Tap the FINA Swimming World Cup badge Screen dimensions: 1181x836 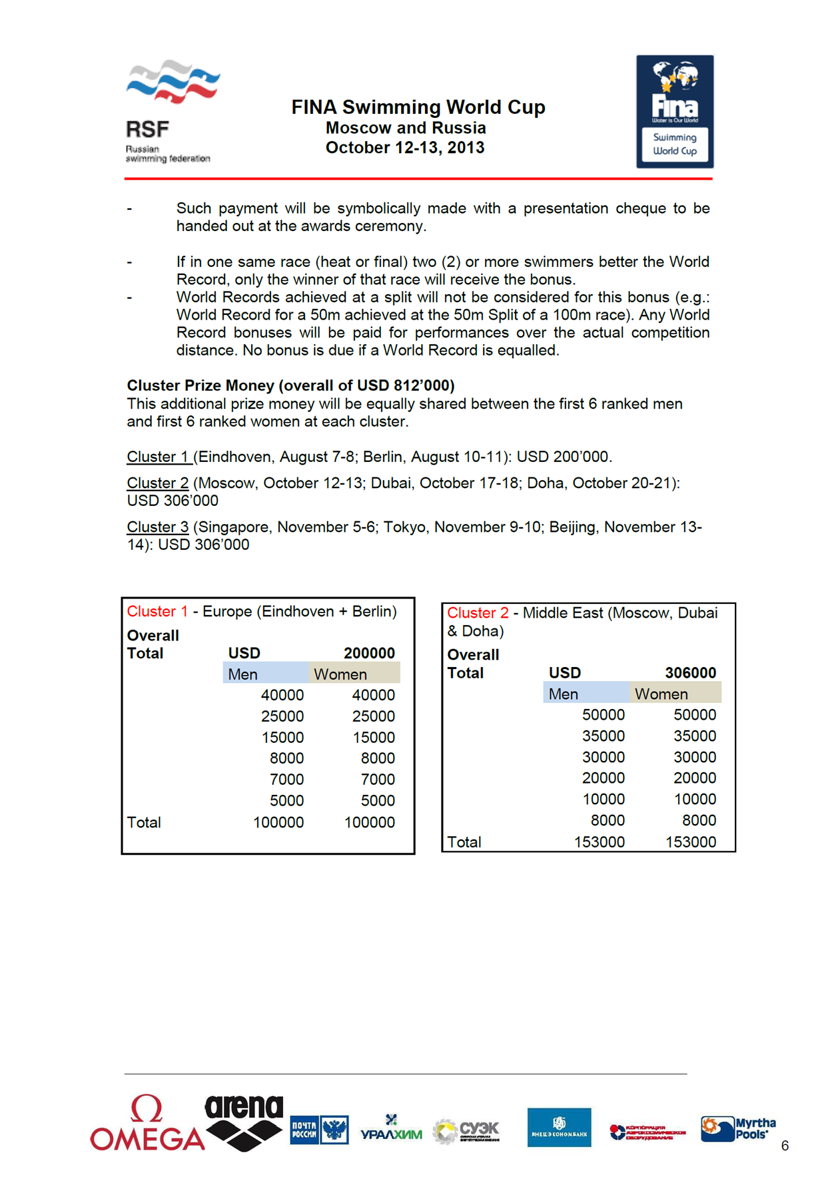point(674,111)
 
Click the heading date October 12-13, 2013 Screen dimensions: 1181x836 point(404,148)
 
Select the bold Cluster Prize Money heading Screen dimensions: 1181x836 point(290,385)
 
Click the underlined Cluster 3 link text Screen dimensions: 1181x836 point(158,527)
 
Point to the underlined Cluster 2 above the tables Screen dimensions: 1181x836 point(158,483)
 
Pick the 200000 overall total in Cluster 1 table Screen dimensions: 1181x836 point(369,653)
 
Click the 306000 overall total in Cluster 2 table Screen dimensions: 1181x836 point(690,673)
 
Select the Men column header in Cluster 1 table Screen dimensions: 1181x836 point(242,674)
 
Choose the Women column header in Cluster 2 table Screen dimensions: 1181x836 point(661,694)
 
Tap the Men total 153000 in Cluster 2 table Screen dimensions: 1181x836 point(599,842)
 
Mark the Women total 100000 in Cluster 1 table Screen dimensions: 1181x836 point(369,823)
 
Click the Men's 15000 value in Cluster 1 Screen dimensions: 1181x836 point(282,738)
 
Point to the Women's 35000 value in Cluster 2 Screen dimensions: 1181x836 point(694,736)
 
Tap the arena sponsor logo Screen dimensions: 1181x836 point(244,1122)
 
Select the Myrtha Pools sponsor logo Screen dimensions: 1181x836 point(738,1129)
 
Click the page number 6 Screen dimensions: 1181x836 point(785,1146)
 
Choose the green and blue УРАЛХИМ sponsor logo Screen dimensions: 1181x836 point(391,1129)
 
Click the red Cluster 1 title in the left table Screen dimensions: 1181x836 point(157,612)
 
